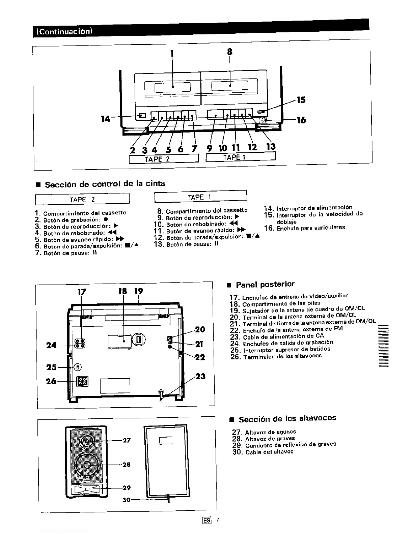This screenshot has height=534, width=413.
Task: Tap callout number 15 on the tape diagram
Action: (x=301, y=100)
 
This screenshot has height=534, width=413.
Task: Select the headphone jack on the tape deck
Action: (x=264, y=120)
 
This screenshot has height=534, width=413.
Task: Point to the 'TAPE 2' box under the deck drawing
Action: (x=163, y=158)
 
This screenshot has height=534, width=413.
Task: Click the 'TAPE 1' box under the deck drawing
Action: (x=241, y=157)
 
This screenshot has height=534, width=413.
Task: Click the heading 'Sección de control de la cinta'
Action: (x=105, y=184)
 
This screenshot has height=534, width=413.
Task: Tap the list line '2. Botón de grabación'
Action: (x=71, y=219)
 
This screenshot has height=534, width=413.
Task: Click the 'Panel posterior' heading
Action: (x=265, y=285)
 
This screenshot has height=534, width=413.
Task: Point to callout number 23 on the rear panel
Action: (x=200, y=376)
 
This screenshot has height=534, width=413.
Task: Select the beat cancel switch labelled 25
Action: (x=78, y=367)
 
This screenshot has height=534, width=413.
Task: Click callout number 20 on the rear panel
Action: (x=200, y=329)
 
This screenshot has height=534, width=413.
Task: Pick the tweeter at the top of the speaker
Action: (x=87, y=440)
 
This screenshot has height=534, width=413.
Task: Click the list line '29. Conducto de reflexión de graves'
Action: (x=284, y=445)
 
